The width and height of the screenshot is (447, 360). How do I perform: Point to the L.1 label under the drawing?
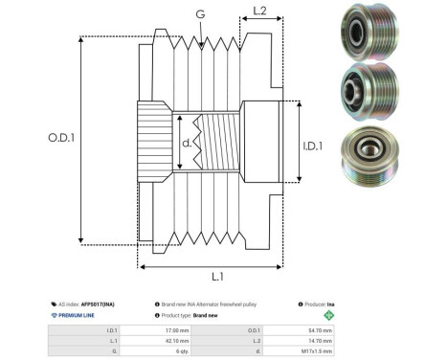[216, 277]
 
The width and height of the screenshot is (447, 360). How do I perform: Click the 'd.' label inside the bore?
[186, 144]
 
